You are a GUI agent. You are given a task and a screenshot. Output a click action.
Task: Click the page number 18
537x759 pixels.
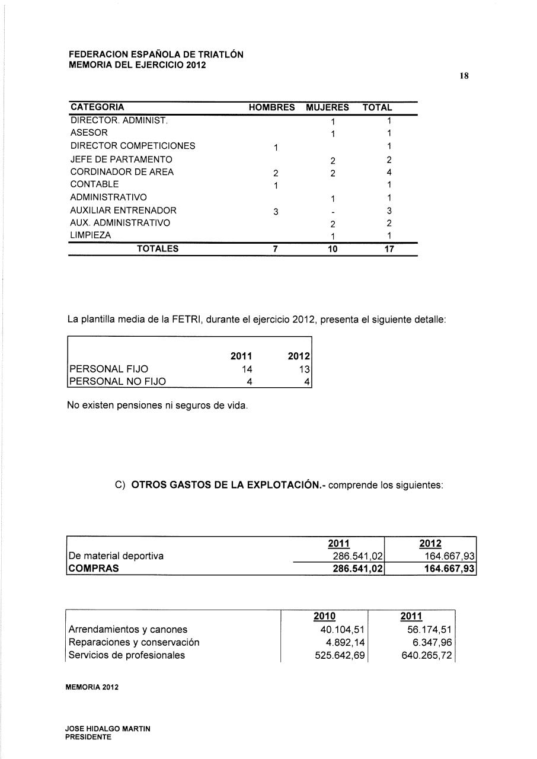click(464, 76)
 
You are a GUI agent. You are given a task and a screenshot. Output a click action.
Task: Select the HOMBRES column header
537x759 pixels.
click(271, 108)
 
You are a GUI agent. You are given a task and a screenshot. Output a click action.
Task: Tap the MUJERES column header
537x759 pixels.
click(327, 108)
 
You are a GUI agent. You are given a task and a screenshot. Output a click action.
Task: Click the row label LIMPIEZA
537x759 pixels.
click(91, 235)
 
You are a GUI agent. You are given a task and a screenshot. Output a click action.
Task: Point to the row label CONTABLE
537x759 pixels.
click(94, 184)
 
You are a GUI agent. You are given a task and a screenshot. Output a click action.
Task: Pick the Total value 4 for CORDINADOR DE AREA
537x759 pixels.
click(389, 173)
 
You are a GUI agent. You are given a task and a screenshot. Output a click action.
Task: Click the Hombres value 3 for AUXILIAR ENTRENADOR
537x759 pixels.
click(276, 211)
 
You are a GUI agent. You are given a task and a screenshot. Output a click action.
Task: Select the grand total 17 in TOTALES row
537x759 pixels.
click(389, 249)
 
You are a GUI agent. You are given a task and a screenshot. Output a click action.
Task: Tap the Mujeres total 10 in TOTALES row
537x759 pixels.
click(333, 249)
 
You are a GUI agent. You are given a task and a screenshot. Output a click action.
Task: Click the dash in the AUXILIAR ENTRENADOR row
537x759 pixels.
click(333, 211)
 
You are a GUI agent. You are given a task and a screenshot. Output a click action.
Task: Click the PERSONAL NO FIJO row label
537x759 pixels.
click(117, 381)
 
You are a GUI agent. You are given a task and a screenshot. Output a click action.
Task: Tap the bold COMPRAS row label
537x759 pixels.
click(94, 568)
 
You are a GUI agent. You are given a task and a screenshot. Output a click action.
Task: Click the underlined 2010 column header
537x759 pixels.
click(324, 617)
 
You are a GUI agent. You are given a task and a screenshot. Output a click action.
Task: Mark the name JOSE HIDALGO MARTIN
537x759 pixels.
click(108, 728)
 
